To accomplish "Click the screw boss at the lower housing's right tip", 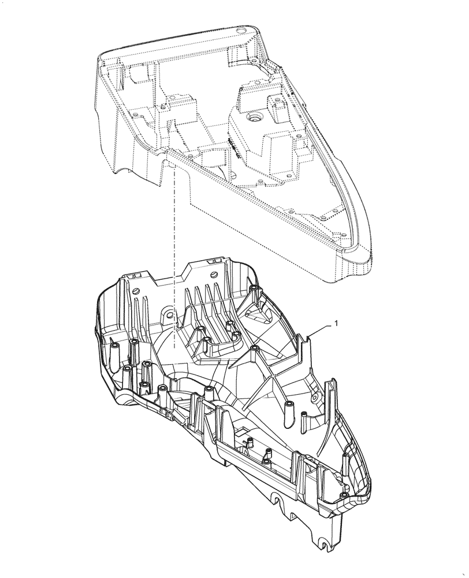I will click(x=344, y=496).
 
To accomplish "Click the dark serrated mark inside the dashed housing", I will click(x=234, y=147).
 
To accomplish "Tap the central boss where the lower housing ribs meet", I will click(x=254, y=349).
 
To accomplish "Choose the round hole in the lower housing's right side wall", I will click(x=315, y=398).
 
